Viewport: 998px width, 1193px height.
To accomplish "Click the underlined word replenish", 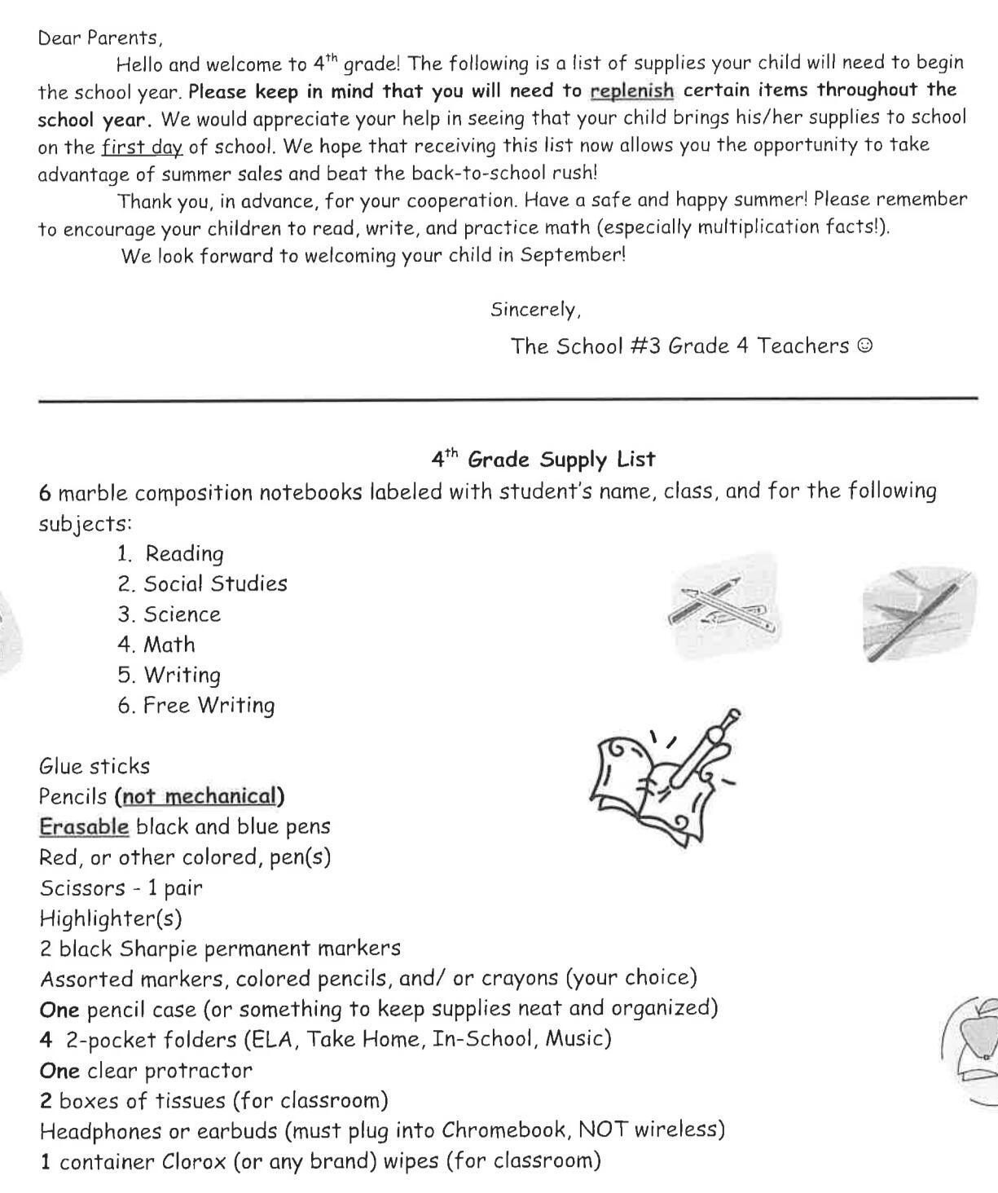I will pos(631,90).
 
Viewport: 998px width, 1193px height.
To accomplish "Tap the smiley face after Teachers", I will pos(865,346).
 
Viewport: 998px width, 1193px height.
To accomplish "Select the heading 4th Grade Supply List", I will pos(543,460).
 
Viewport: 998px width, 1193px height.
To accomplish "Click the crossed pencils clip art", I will pos(722,607).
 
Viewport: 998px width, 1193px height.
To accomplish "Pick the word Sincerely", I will pos(535,310).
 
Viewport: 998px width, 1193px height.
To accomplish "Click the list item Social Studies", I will pos(215,584).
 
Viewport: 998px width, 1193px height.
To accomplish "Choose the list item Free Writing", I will pos(209,706).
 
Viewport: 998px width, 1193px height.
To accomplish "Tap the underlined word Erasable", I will pos(84,827).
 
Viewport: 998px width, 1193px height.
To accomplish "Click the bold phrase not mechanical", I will pos(200,796).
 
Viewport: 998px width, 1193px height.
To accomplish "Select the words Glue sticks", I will pos(95,766).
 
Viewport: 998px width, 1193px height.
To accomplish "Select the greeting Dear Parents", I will pos(100,37).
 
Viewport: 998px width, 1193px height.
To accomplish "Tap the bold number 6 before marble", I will pos(45,493).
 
